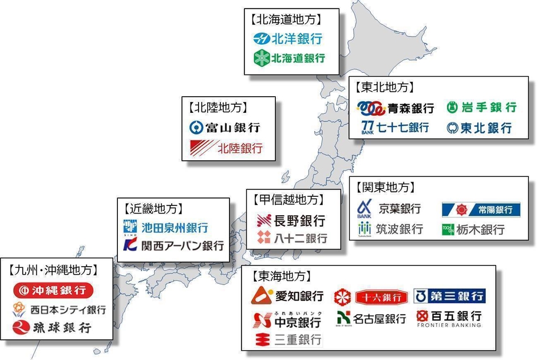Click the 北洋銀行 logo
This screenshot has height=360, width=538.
(288, 39)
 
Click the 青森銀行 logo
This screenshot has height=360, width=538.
(395, 108)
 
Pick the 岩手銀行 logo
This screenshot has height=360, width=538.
(481, 107)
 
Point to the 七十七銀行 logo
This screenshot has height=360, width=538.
(395, 127)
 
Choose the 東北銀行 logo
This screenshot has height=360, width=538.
(479, 128)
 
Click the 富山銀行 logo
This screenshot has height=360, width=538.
(225, 127)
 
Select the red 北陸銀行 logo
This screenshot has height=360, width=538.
(226, 148)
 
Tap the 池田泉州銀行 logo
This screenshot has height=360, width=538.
(166, 227)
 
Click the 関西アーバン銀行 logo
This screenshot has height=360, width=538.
(174, 246)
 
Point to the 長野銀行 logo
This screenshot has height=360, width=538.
(291, 220)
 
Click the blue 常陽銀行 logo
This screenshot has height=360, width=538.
(481, 209)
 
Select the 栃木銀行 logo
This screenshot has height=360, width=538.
(473, 230)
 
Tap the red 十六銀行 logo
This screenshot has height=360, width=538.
(371, 297)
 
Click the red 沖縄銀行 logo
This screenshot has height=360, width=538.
(53, 290)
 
